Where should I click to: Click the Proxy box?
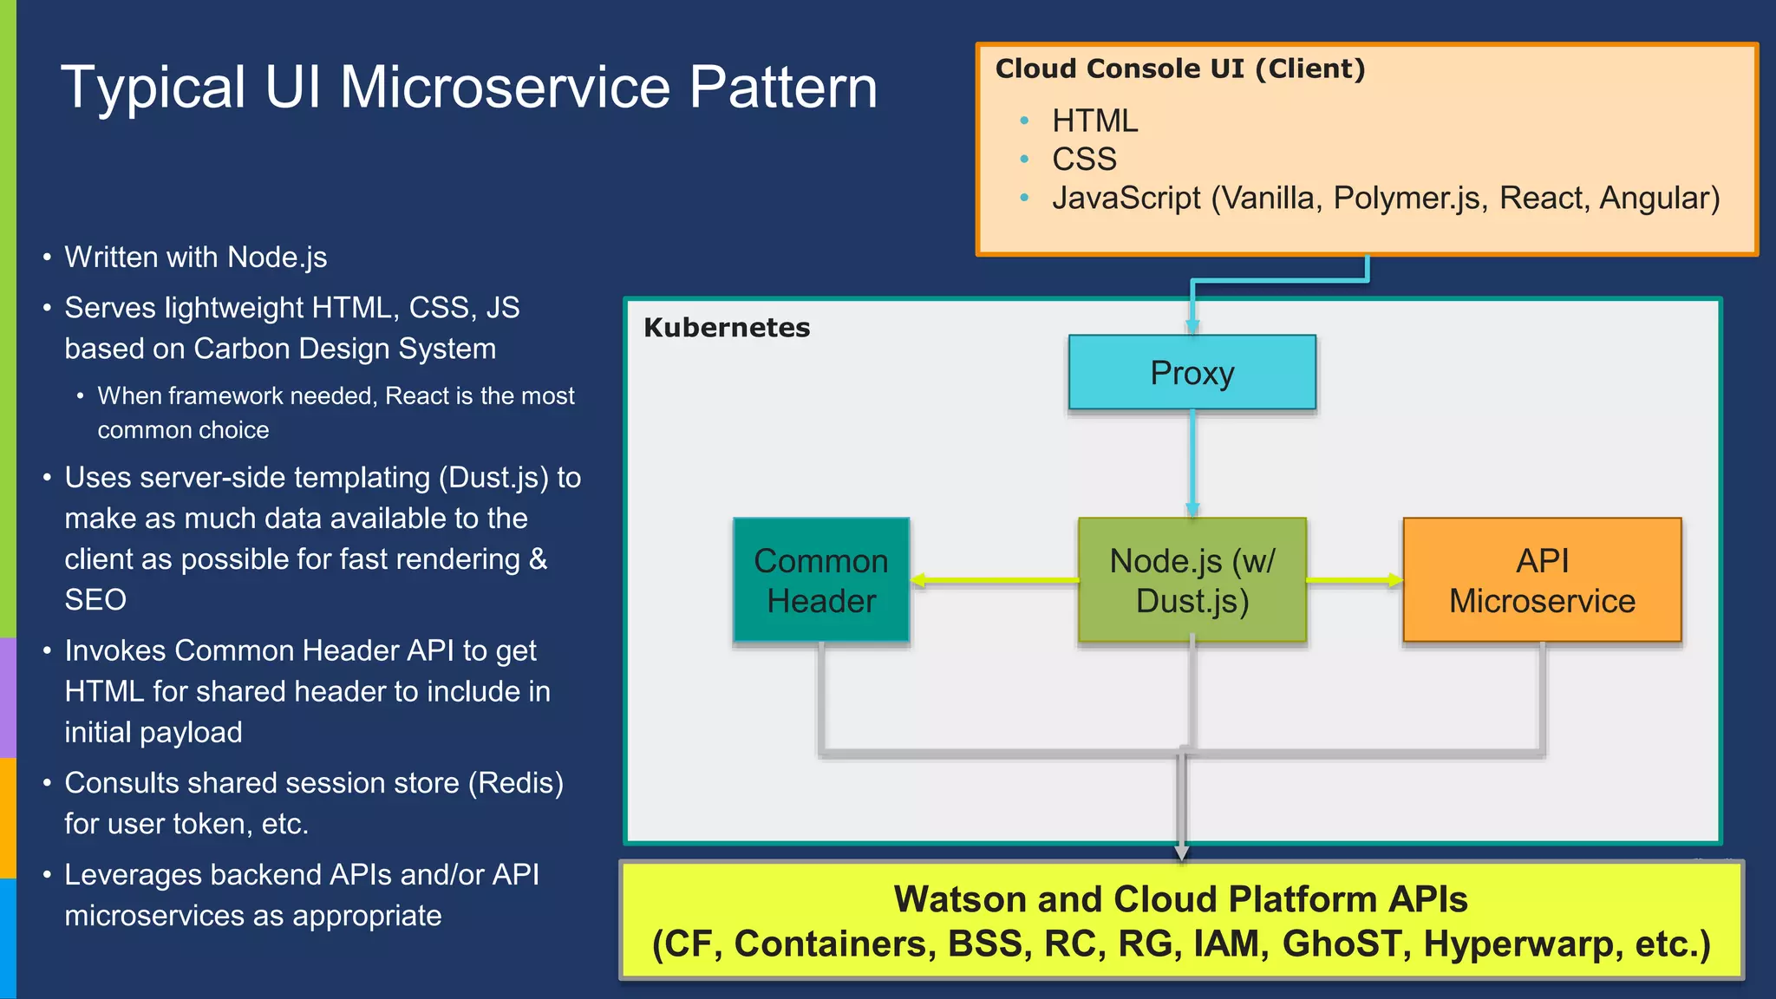1192,373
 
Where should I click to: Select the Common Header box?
820,580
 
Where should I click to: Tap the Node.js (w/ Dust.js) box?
1192,580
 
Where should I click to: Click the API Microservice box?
1541,580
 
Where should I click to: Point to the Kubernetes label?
727,328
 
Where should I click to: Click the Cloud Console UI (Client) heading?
1179,69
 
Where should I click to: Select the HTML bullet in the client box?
1094,121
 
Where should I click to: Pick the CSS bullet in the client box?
1084,160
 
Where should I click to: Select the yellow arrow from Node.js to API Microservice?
1353,580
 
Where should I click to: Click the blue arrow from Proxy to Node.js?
1192,464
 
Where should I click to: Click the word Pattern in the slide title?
782,88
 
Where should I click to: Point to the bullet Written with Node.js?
195,258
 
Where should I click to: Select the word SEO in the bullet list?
95,600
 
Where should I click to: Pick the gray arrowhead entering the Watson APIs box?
1181,852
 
